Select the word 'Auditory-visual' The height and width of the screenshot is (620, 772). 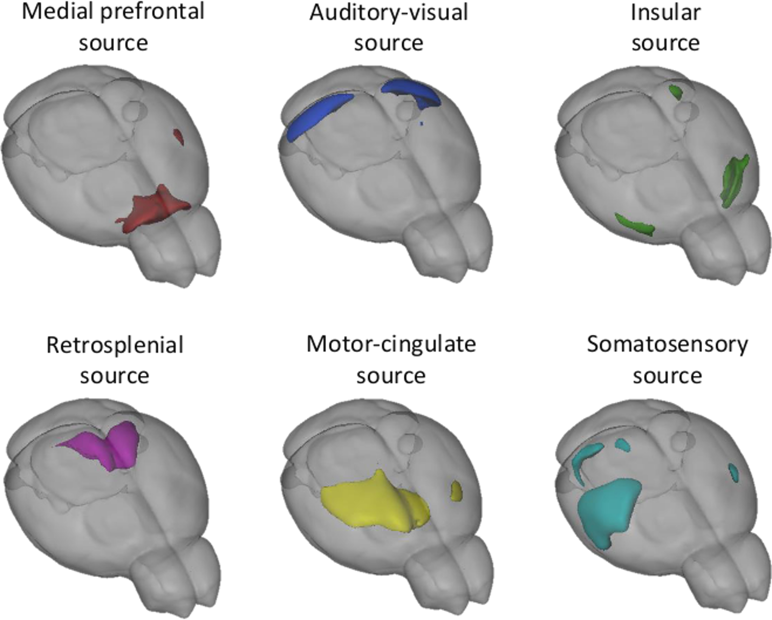[388, 13]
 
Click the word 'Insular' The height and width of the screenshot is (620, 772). [665, 13]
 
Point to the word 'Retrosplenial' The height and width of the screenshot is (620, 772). [115, 346]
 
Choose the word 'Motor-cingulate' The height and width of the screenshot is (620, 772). [391, 344]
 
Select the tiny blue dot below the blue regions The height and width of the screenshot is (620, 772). [422, 123]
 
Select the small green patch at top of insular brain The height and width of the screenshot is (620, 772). [676, 92]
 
